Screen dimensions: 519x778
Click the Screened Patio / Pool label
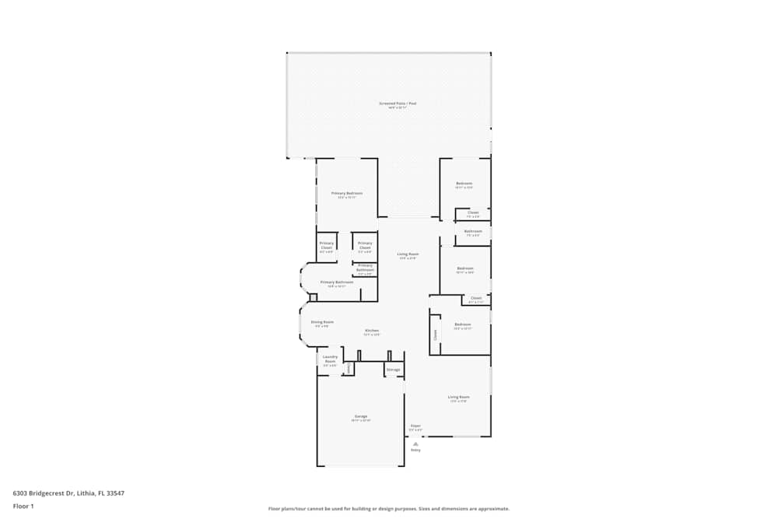tap(397, 103)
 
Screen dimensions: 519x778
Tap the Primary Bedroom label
tap(347, 193)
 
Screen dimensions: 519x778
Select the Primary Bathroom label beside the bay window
tap(336, 282)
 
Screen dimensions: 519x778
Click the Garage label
tap(361, 416)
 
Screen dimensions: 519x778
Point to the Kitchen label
tap(372, 331)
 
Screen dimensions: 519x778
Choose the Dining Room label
tap(322, 322)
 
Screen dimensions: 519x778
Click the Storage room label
tap(394, 369)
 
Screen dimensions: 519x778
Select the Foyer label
tap(415, 426)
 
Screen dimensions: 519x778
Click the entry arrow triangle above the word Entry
tap(415, 443)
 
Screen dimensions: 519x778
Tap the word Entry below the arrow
tap(415, 450)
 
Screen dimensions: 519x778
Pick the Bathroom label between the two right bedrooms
tap(473, 231)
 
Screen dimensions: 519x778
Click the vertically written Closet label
tap(436, 335)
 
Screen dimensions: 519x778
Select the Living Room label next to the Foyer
tap(458, 397)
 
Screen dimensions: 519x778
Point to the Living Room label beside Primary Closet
tap(408, 254)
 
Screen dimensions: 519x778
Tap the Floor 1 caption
tap(23, 506)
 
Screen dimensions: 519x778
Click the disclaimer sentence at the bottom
tap(388, 508)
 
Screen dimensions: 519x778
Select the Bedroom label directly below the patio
tap(464, 184)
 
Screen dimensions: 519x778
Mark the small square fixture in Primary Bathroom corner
tap(314, 297)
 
